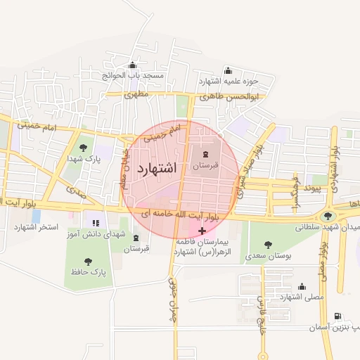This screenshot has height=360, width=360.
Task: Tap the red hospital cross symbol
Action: pyautogui.click(x=202, y=231)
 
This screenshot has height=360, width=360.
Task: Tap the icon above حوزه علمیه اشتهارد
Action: pyautogui.click(x=227, y=70)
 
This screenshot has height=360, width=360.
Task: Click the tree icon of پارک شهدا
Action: pyautogui.click(x=84, y=148)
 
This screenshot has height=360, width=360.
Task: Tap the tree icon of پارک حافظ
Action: pyautogui.click(x=88, y=262)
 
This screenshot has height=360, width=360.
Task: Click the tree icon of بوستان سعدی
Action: pyautogui.click(x=267, y=245)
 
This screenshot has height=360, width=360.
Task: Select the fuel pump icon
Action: pyautogui.click(x=338, y=317)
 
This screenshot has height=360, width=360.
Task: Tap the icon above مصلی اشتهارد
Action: pyautogui.click(x=302, y=286)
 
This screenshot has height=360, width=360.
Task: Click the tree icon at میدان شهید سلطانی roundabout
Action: pyautogui.click(x=329, y=216)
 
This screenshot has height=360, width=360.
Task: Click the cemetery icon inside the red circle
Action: pyautogui.click(x=205, y=155)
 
